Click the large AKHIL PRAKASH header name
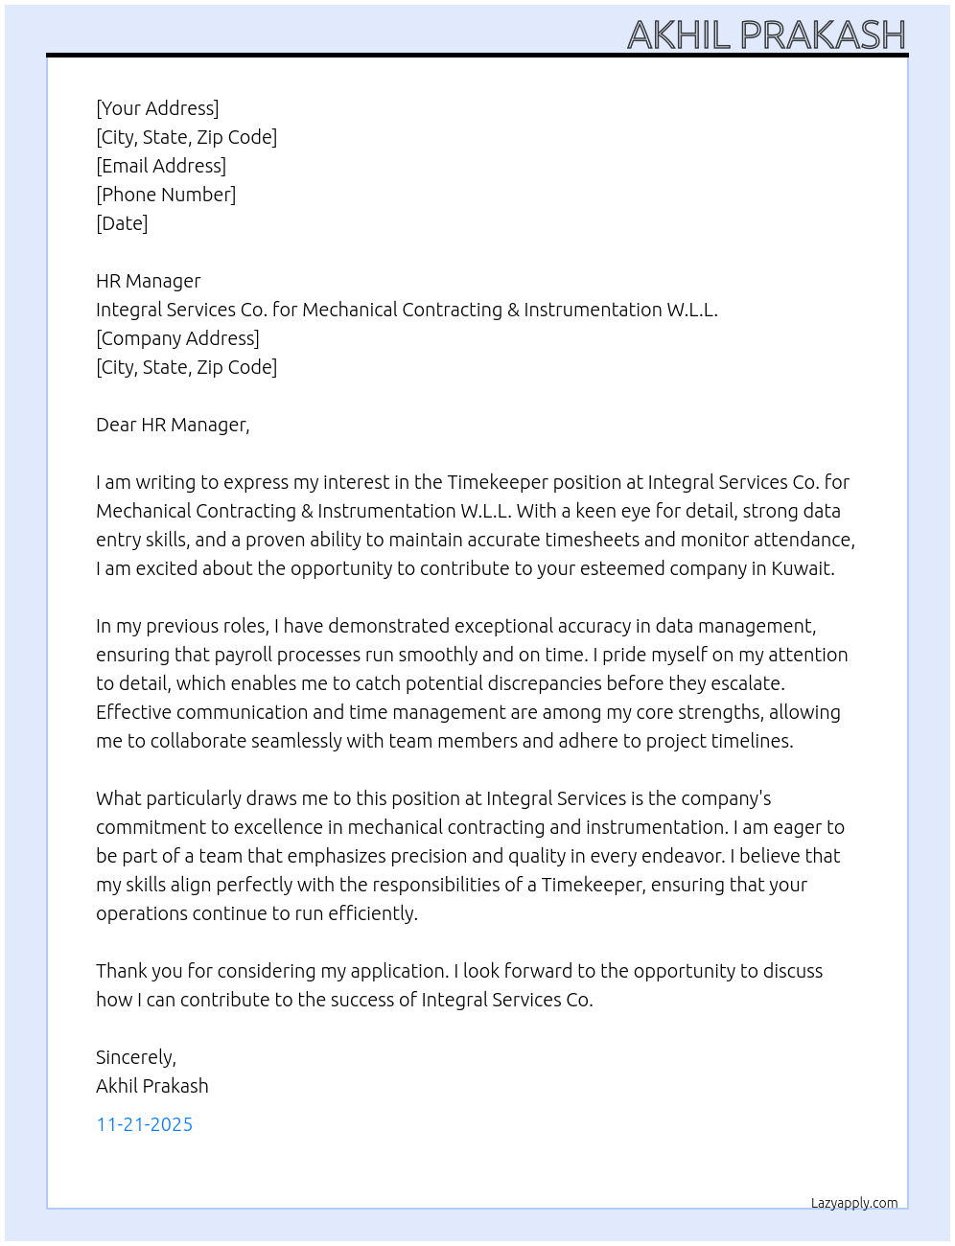tap(766, 35)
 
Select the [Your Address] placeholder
tap(157, 108)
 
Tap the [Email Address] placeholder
tap(161, 166)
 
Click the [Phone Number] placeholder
tap(166, 195)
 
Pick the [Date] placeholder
tap(122, 223)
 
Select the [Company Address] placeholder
tap(177, 338)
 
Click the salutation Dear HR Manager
tap(173, 425)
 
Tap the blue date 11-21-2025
tap(145, 1124)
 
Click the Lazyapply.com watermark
tap(854, 1203)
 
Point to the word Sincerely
tap(135, 1057)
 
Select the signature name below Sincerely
tap(152, 1086)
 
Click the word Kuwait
tap(803, 568)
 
